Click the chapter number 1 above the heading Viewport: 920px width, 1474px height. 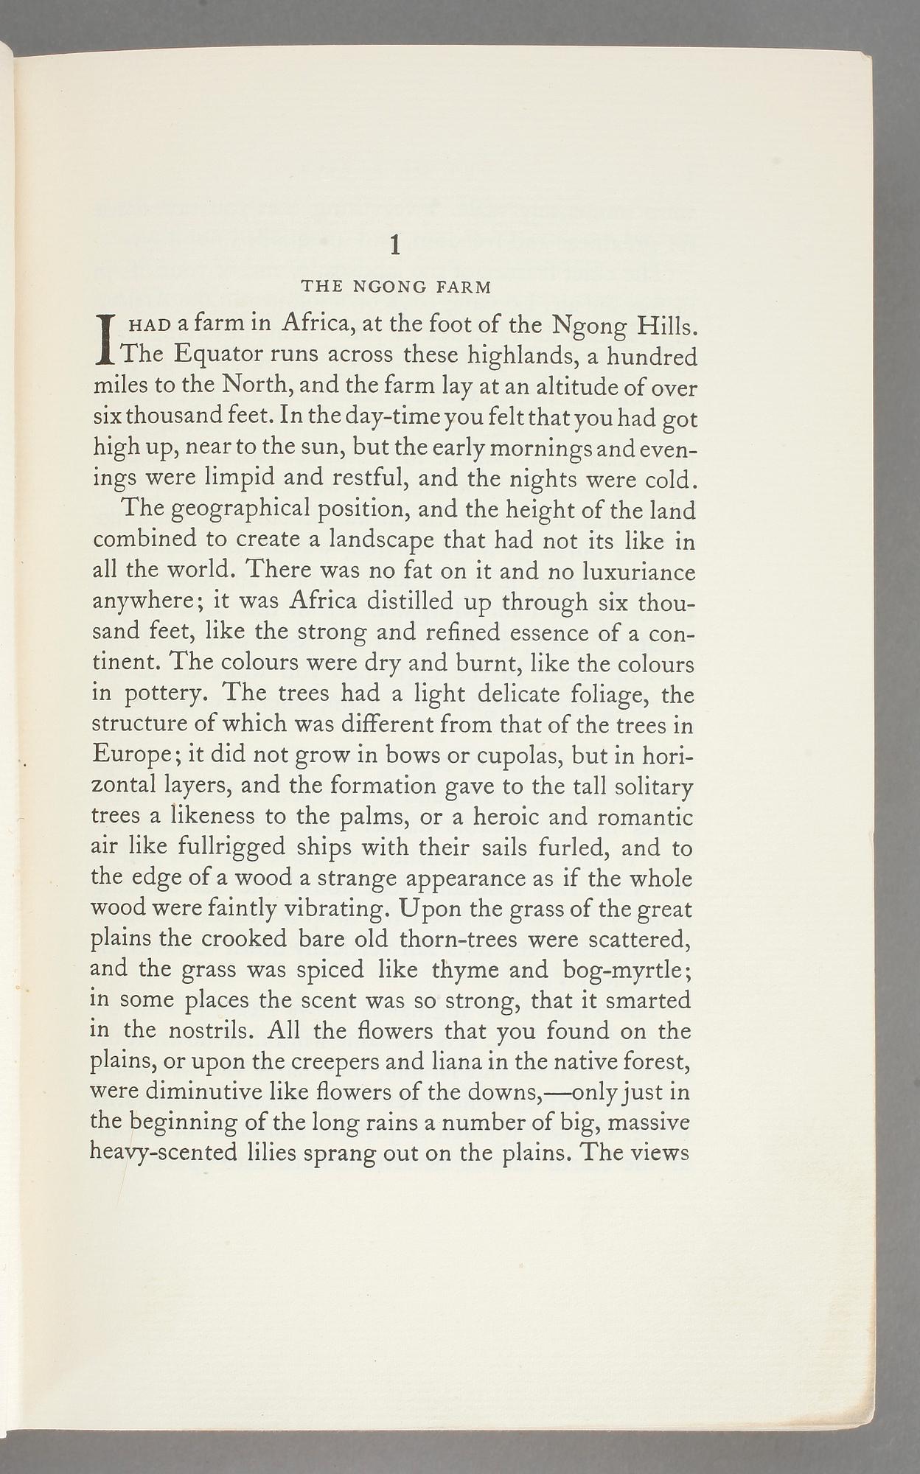(395, 245)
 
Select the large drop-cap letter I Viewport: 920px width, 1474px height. (108, 339)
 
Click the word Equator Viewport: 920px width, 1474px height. (217, 355)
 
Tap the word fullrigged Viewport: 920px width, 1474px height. (231, 848)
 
